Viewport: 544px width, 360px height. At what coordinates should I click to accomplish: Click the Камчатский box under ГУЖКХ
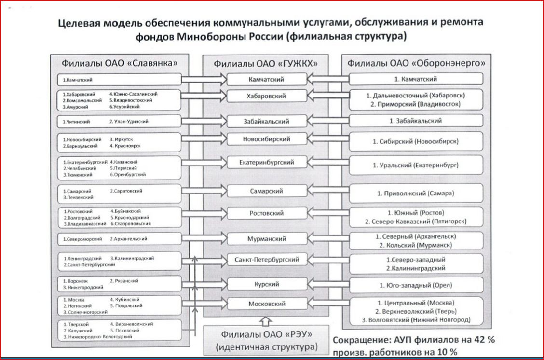click(x=267, y=79)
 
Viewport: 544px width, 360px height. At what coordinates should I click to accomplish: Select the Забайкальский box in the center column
click(x=267, y=121)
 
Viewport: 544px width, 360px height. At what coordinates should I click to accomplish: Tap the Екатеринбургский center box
click(x=267, y=163)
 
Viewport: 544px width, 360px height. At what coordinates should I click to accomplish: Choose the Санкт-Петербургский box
click(x=267, y=260)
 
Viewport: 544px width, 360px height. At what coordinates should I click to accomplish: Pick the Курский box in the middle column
click(x=267, y=284)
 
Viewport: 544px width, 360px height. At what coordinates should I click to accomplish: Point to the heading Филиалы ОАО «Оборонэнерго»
click(x=416, y=63)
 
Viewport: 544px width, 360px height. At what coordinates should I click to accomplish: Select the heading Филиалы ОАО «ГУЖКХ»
click(x=267, y=63)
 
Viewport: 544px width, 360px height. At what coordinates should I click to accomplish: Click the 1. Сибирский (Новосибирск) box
click(x=415, y=141)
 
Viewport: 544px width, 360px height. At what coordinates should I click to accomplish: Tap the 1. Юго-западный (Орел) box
click(x=415, y=285)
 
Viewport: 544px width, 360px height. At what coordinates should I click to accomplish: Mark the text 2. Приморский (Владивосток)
click(x=416, y=104)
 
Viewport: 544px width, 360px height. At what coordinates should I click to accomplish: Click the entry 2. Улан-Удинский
click(x=127, y=122)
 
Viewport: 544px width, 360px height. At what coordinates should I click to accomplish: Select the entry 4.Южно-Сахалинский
click(x=134, y=94)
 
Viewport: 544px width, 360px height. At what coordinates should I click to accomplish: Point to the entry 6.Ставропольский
click(x=130, y=223)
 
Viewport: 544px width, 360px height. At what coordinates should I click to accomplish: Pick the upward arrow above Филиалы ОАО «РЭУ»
click(x=266, y=320)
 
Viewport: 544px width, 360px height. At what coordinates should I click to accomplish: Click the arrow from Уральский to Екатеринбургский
click(x=328, y=163)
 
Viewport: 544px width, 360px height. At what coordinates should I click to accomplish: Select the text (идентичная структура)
click(x=267, y=346)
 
